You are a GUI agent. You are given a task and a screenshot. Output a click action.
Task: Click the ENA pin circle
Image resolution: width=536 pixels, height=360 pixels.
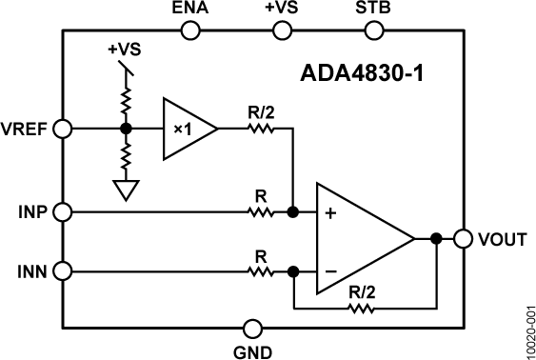tap(189, 30)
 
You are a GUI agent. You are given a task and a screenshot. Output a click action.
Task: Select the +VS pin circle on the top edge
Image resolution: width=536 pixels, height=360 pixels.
tap(282, 30)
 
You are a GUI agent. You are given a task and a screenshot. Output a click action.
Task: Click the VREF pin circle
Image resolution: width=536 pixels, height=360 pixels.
tap(63, 128)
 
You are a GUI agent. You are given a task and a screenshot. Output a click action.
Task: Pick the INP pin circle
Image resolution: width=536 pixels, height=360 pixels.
tap(63, 211)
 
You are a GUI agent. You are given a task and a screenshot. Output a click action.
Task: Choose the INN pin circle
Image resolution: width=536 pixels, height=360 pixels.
tap(63, 271)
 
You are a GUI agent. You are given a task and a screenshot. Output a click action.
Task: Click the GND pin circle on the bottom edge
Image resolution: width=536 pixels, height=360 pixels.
tap(252, 329)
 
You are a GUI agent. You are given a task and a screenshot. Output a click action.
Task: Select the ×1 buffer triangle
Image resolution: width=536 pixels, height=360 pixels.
tap(187, 128)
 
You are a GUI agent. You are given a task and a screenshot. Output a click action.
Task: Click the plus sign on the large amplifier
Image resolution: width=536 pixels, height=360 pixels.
tap(330, 214)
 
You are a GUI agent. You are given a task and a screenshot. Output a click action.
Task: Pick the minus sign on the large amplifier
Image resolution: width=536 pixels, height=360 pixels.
tap(330, 271)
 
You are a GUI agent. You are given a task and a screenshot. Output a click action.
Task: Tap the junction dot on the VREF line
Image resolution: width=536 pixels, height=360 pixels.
tap(125, 128)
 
